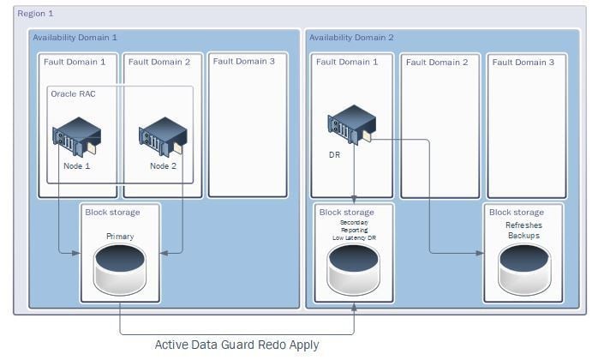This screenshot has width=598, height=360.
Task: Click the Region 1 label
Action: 35,15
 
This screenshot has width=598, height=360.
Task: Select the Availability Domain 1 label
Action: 75,38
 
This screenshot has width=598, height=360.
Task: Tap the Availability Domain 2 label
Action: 351,38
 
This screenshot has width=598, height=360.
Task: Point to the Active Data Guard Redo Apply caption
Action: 236,345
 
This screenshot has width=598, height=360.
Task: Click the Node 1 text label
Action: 76,166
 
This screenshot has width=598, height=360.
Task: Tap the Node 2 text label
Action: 162,166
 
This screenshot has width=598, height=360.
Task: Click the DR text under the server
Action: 335,157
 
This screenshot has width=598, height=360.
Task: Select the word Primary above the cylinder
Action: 120,236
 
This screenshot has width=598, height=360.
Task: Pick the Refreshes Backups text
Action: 523,230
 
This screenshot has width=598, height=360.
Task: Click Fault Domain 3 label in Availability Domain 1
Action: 244,61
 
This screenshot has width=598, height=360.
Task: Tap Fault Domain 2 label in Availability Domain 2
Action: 437,62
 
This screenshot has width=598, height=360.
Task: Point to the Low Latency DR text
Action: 354,237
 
